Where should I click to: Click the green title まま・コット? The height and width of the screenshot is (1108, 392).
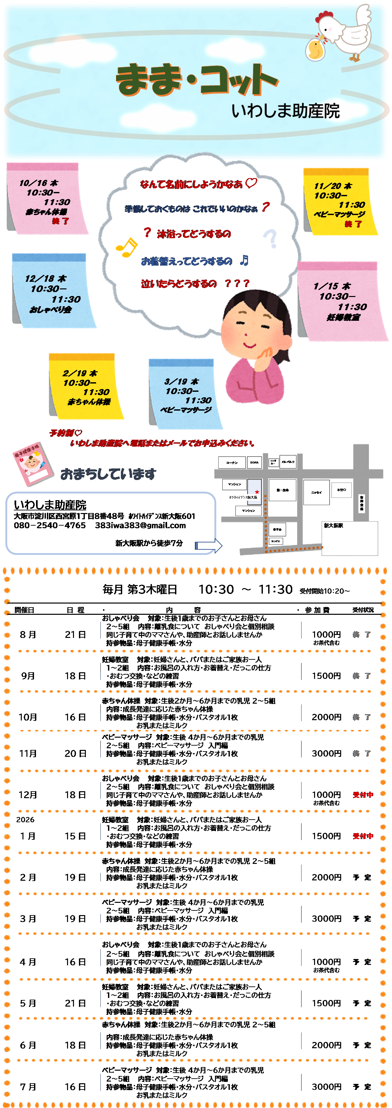(x=197, y=80)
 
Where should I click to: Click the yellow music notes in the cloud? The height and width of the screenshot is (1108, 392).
(x=126, y=247)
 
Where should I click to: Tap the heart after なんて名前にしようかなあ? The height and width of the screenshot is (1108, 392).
(x=251, y=183)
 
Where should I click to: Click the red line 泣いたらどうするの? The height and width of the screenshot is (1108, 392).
(x=179, y=284)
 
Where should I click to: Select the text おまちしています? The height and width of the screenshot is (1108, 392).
(x=108, y=474)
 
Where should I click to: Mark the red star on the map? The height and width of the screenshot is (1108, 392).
(x=257, y=492)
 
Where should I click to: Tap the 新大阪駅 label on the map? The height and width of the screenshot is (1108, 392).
(x=334, y=526)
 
